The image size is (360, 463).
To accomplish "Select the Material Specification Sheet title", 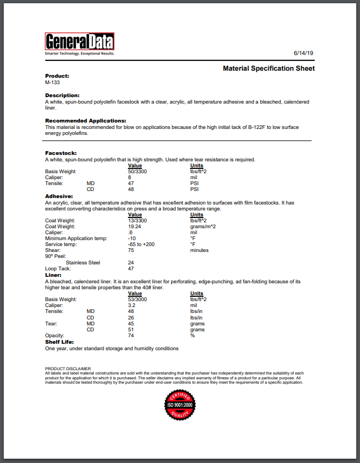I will [269, 69].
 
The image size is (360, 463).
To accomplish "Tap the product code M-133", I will [52, 83].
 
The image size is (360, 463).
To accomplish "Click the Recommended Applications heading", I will [85, 120].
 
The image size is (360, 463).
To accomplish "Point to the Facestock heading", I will [61, 153].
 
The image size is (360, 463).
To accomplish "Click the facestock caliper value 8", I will [130, 177].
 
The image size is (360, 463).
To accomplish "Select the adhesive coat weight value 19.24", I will [134, 227].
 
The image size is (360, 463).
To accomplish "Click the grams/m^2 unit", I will [203, 227].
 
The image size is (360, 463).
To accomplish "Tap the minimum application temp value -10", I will [131, 238].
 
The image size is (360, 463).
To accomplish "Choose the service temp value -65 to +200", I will [141, 244].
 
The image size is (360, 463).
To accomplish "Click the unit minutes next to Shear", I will [199, 250].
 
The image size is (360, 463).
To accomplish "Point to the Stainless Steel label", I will [83, 263].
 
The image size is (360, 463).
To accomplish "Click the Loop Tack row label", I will [58, 268].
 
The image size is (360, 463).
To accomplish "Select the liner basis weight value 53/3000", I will [137, 299].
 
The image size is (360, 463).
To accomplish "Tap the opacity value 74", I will [131, 336].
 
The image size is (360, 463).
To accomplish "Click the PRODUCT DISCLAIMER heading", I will [68, 368].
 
